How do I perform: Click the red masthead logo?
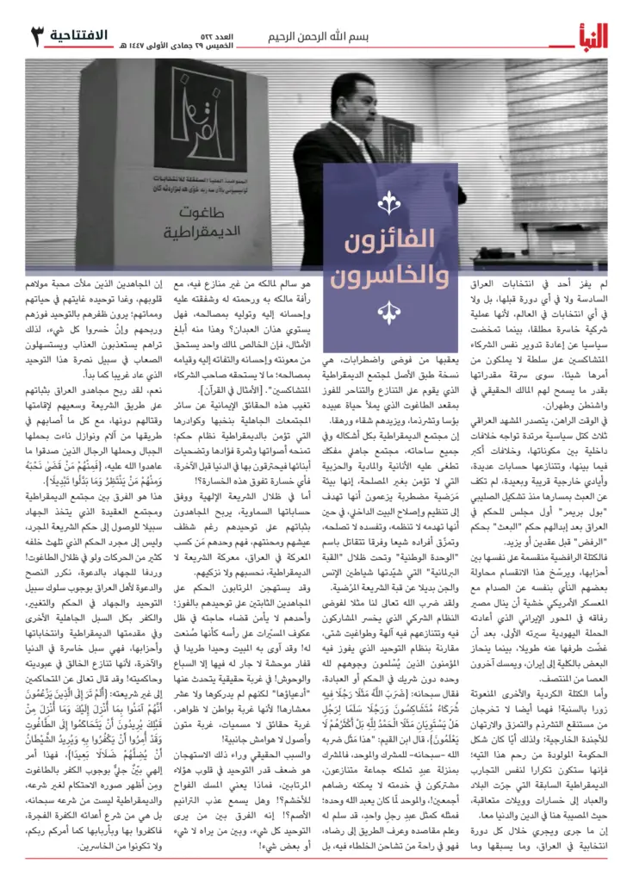tap(586, 35)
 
